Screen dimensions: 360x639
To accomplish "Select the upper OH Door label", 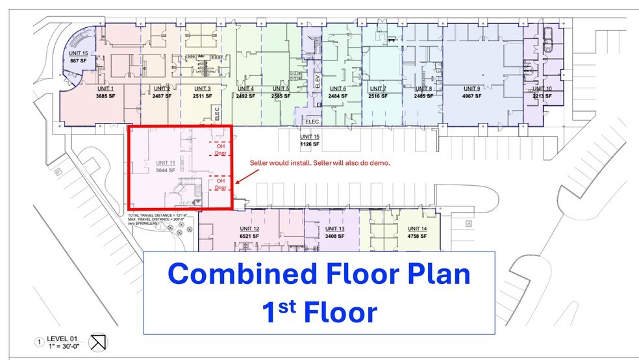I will (220, 150).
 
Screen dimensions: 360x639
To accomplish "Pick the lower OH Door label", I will (220, 184).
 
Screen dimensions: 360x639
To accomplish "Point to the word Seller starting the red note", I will (260, 163).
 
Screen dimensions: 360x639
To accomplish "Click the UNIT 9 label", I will (471, 88).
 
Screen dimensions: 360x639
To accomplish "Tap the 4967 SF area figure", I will (471, 96).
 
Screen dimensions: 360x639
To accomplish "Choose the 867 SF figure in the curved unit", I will (79, 60).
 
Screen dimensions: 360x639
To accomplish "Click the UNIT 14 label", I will (417, 229).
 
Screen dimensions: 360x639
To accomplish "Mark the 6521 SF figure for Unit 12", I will (249, 237).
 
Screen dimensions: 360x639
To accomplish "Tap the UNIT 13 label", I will (334, 229).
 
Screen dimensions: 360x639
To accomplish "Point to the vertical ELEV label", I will (318, 81).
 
